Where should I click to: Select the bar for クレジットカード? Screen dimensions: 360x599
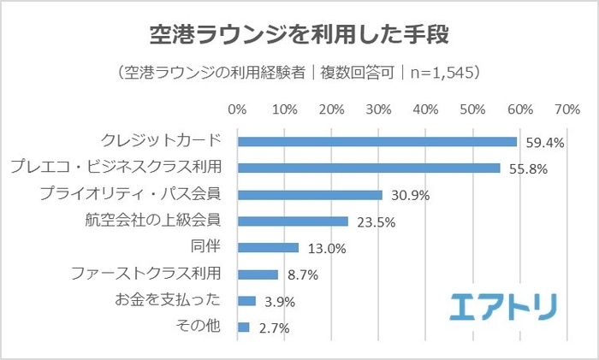click(377, 142)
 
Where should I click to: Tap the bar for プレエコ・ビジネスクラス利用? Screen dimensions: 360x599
click(369, 168)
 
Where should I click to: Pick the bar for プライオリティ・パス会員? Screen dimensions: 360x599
click(310, 195)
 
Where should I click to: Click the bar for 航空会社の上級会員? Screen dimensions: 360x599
click(293, 221)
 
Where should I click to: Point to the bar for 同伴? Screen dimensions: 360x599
click(268, 248)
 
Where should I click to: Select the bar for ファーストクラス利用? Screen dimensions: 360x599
click(258, 274)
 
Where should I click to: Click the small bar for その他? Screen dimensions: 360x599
click(244, 328)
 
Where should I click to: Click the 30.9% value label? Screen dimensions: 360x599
click(408, 196)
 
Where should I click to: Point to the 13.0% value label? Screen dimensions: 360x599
click(324, 249)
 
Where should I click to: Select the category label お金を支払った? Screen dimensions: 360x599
click(168, 300)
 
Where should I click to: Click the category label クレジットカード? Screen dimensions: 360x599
click(161, 141)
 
